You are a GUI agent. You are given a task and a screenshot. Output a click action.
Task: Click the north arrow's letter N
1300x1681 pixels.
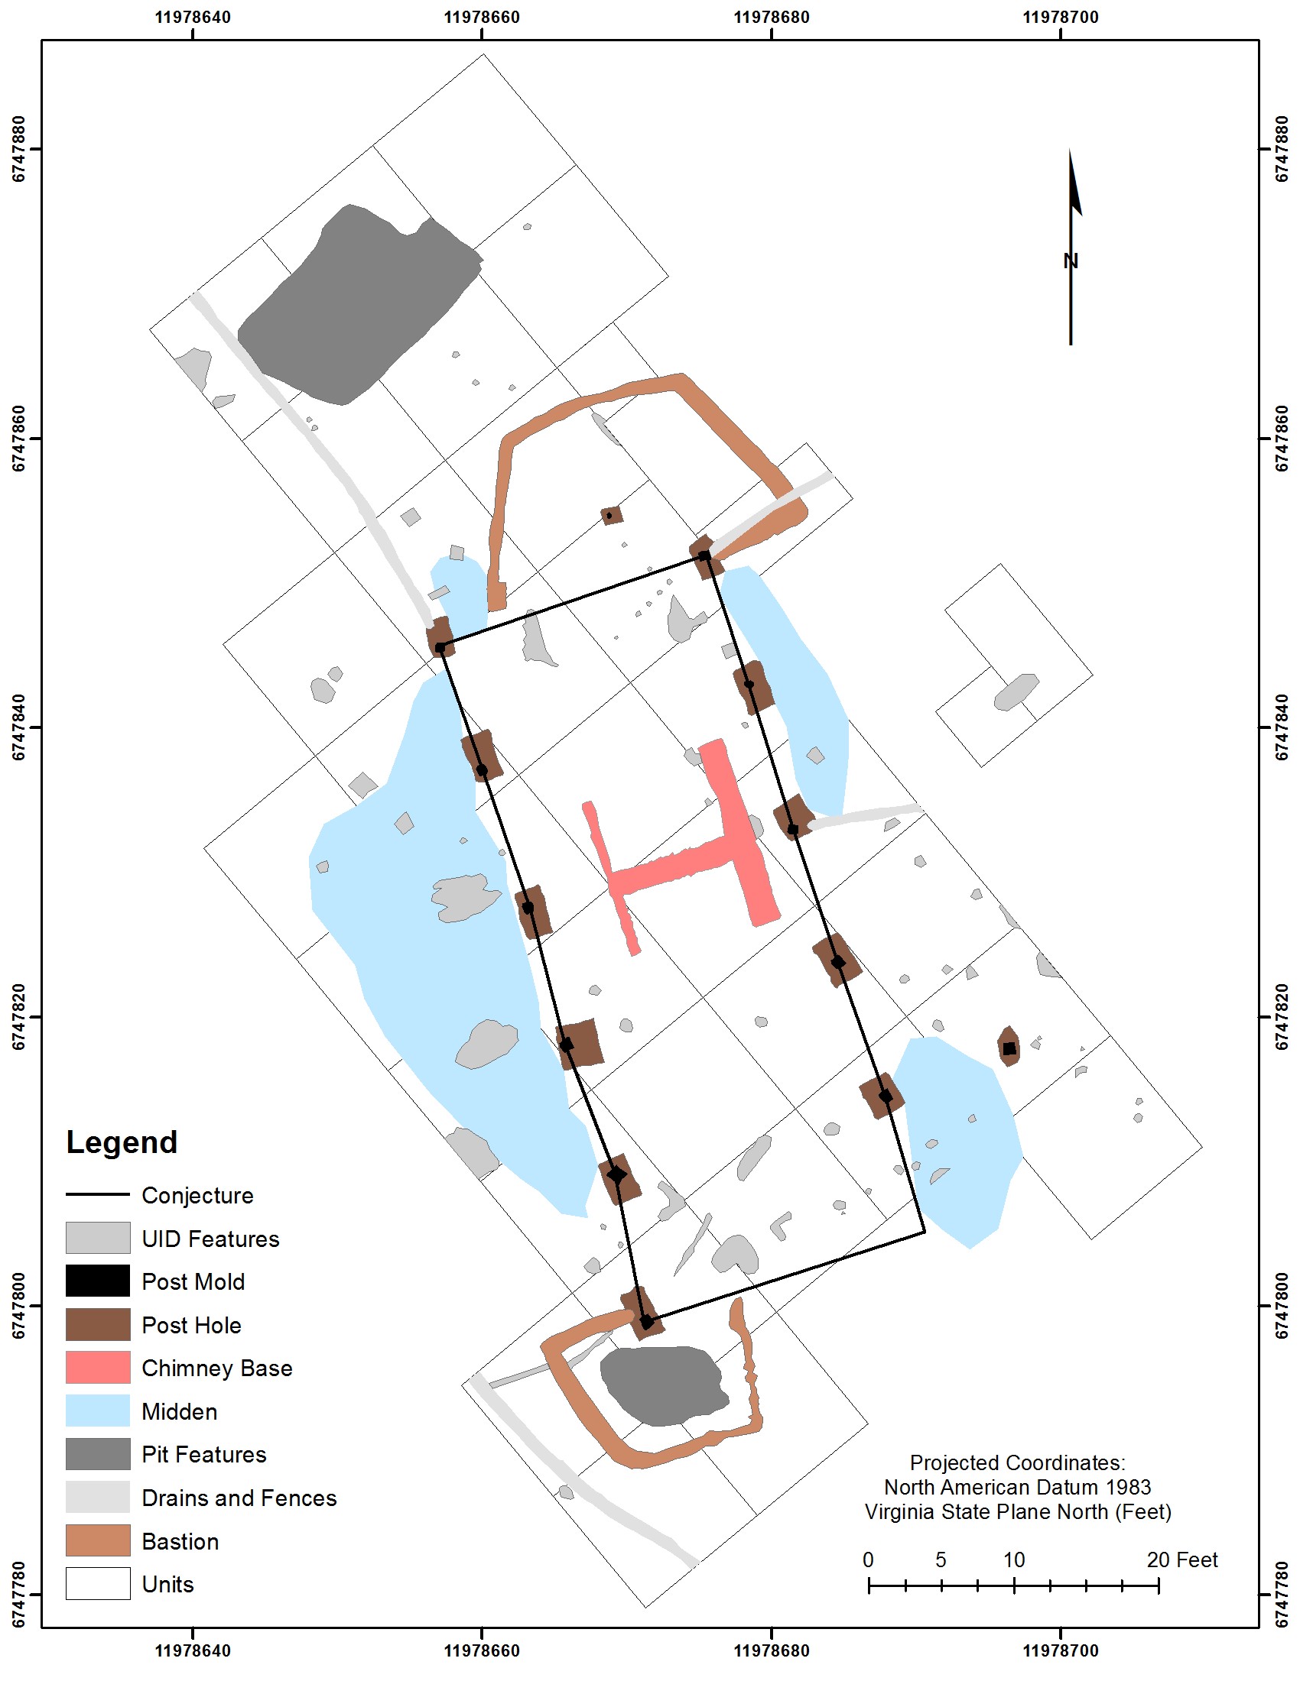click(1071, 261)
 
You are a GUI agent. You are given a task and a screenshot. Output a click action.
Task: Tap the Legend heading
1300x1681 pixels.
click(122, 1142)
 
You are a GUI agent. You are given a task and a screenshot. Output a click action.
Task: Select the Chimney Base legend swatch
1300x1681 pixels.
click(98, 1368)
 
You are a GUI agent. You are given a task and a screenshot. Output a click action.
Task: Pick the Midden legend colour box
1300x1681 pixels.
click(98, 1411)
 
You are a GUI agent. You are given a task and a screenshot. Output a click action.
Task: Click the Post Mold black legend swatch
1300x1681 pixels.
click(98, 1281)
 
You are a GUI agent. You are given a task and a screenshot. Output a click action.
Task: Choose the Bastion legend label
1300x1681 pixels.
click(180, 1542)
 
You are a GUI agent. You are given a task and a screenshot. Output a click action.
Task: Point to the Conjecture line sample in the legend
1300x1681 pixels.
click(98, 1194)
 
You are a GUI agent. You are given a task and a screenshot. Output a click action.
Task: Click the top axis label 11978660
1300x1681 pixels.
click(482, 17)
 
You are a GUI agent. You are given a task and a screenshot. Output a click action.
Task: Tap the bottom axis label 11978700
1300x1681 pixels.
click(1061, 1650)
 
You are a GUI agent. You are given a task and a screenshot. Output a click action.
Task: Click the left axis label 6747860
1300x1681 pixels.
click(18, 439)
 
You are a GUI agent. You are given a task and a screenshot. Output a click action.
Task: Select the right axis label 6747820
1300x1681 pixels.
click(1282, 1017)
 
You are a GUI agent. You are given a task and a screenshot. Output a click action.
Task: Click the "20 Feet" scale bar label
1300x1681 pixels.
click(1182, 1560)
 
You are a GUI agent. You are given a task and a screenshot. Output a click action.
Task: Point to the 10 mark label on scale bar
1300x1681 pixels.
click(1014, 1560)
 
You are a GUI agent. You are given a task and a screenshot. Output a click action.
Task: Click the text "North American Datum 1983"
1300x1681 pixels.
click(1017, 1487)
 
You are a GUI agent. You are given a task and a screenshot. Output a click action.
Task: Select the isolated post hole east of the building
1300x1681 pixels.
click(1009, 1046)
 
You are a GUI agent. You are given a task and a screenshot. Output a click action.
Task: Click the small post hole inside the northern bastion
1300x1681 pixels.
click(612, 515)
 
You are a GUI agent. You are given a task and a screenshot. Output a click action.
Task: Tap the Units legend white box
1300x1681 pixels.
click(98, 1584)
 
